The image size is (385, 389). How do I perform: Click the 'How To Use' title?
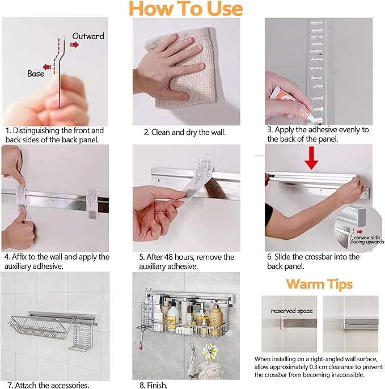point(185,9)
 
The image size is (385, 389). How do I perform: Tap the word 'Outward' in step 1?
point(88,36)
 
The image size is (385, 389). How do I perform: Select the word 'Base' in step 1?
point(36,74)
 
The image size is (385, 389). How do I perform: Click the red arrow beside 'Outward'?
point(74,45)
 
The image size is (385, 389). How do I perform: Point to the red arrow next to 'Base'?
point(47,67)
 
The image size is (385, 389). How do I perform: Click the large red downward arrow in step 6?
point(312,158)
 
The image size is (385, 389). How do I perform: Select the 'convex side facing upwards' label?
point(367,240)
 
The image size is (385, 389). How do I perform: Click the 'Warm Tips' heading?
point(319,284)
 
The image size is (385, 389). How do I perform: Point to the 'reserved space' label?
point(291,311)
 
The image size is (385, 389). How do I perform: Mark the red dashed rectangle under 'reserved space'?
point(283,323)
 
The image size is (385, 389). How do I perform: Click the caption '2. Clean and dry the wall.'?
point(185,132)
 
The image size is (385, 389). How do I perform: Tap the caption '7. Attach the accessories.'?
point(48,385)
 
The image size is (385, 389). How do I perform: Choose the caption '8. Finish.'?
point(153,385)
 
